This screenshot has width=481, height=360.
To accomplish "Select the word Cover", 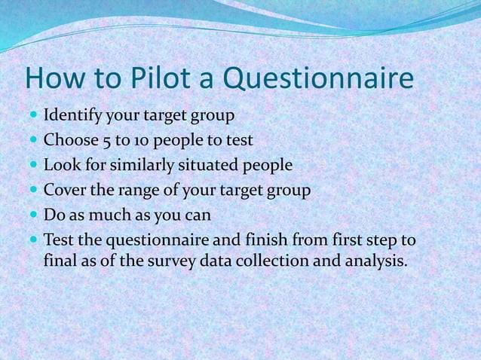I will tap(65, 190).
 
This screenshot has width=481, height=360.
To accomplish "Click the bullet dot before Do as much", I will tap(34, 215).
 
